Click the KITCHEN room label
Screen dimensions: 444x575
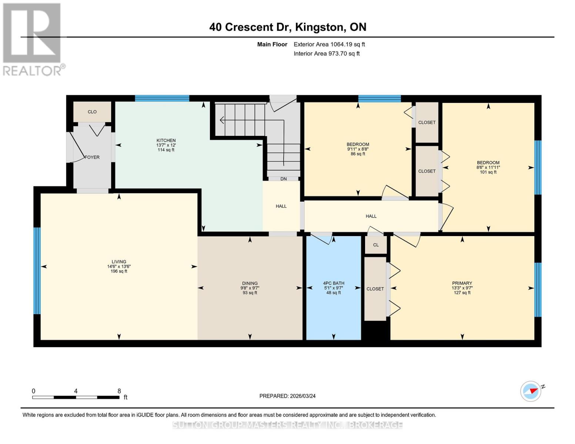(x=166, y=141)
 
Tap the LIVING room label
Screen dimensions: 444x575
(x=119, y=262)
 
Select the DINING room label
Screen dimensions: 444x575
(x=250, y=283)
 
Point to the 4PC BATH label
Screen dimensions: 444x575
(x=334, y=283)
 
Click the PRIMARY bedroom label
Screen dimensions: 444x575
(x=462, y=283)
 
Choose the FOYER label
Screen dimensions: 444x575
(x=92, y=157)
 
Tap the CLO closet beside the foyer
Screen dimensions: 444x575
(x=92, y=112)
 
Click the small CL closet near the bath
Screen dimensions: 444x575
(x=376, y=245)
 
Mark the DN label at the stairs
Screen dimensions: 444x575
(x=284, y=179)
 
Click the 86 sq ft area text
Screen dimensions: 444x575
(x=358, y=154)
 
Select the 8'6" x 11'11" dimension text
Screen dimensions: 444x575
(x=488, y=167)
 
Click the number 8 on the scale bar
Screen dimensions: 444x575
(x=119, y=391)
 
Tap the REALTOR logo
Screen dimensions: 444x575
(x=33, y=39)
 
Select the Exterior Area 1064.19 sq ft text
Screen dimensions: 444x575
(x=329, y=44)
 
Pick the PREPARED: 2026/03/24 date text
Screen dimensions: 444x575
(x=287, y=396)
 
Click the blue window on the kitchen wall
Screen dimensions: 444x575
(x=162, y=98)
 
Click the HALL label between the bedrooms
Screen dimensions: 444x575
(x=371, y=216)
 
